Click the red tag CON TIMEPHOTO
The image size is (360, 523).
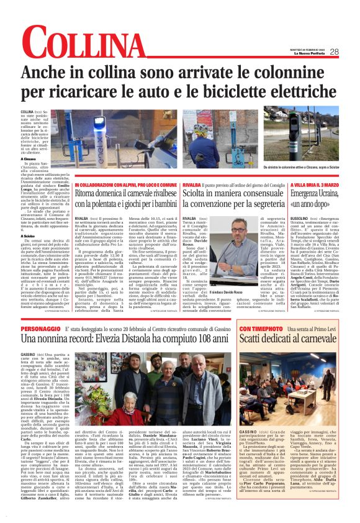click(261, 327)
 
